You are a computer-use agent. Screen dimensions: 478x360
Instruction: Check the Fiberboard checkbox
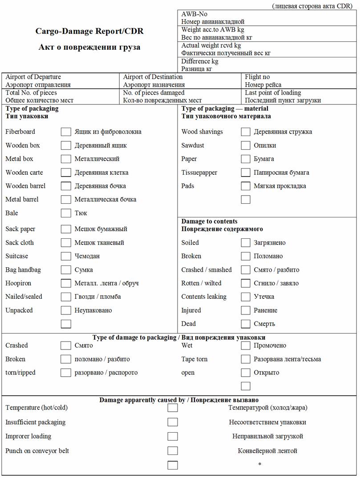66,132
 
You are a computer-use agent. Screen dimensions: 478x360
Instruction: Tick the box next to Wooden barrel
66,186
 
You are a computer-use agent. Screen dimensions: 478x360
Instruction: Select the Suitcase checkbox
66,256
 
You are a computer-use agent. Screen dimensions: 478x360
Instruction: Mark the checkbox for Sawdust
246,145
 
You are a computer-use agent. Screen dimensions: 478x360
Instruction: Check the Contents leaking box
246,297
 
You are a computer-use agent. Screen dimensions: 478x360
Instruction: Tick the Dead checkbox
246,324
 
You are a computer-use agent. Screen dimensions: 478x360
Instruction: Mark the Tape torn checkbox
246,359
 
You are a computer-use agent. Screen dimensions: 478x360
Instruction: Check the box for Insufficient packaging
173,422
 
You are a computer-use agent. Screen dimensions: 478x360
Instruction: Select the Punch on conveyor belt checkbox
173,451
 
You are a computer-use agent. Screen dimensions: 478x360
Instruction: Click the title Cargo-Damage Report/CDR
89,32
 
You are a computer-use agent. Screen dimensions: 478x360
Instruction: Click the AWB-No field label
194,14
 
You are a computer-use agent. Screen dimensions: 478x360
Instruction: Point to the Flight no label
257,77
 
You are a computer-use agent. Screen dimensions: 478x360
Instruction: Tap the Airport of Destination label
153,77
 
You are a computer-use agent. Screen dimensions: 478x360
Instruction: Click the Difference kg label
200,61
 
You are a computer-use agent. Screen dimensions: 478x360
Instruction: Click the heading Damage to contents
209,221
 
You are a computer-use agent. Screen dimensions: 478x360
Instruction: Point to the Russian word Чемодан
87,256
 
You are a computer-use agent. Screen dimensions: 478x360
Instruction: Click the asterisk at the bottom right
260,465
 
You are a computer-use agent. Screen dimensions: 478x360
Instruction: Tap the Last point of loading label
273,93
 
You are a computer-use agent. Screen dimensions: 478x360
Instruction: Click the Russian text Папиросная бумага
281,173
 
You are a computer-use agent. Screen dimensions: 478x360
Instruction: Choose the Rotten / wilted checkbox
246,283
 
